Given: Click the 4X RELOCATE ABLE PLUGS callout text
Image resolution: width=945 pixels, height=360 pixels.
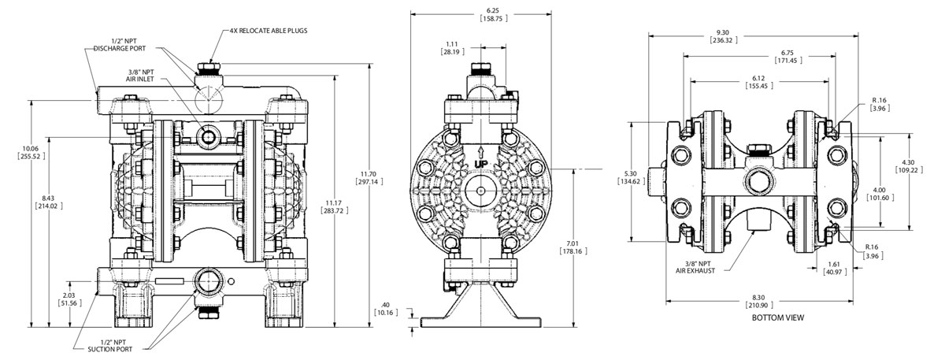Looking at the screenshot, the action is (x=269, y=31).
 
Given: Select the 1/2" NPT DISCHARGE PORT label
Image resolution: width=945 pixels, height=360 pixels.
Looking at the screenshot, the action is (x=120, y=45).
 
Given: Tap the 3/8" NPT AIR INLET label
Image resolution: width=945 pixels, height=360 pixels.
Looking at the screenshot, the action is (x=140, y=76).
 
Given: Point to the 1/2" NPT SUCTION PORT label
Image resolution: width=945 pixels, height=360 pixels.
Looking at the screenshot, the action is (x=109, y=346).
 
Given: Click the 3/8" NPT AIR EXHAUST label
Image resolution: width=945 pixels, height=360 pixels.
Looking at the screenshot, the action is (x=695, y=267).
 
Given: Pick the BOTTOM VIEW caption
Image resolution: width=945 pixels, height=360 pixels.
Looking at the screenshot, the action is (x=778, y=317).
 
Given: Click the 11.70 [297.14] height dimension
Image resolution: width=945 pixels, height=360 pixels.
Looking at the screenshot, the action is (x=369, y=178).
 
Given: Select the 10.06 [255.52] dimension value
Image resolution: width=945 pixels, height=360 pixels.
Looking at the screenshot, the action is (x=31, y=152).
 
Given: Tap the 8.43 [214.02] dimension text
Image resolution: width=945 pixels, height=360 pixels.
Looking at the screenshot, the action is (x=49, y=202).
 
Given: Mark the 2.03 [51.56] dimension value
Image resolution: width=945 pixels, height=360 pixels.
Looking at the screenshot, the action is (x=69, y=299).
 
